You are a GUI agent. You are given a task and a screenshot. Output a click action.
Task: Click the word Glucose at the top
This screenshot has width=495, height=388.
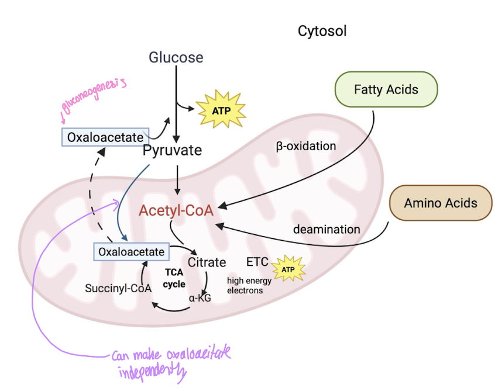[176, 57]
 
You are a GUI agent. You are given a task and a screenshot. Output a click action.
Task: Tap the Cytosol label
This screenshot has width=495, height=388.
[322, 31]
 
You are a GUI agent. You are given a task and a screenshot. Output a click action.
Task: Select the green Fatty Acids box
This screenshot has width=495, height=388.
[386, 90]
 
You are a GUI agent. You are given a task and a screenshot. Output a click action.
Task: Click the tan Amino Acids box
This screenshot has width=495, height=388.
[441, 203]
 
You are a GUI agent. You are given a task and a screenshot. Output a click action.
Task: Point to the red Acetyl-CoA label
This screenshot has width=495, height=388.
[176, 210]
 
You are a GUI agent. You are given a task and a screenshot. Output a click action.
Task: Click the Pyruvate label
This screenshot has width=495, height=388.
[172, 150]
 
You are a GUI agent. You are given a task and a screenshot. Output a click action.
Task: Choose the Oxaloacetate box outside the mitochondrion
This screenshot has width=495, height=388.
[105, 137]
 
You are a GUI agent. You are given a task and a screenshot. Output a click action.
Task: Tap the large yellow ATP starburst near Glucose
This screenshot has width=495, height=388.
[221, 109]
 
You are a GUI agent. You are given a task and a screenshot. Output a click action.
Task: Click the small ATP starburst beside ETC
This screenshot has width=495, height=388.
[287, 269]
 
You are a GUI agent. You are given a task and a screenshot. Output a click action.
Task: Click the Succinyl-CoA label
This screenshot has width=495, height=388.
[118, 287]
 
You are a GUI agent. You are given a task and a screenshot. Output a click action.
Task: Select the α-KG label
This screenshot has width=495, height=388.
[200, 297]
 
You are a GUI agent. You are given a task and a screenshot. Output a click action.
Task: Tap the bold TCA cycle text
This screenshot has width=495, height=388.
[174, 278]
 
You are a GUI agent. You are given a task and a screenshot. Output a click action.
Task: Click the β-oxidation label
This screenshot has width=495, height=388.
[305, 146]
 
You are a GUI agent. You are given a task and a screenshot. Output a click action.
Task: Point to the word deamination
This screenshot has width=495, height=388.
[326, 229]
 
